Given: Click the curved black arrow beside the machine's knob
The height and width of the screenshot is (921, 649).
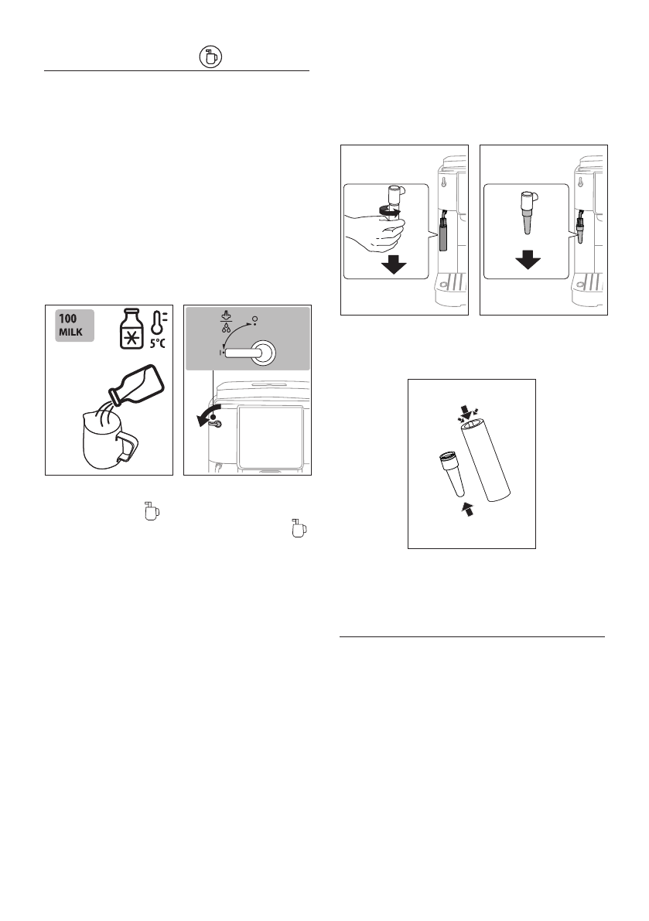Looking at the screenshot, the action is point(204,418).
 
